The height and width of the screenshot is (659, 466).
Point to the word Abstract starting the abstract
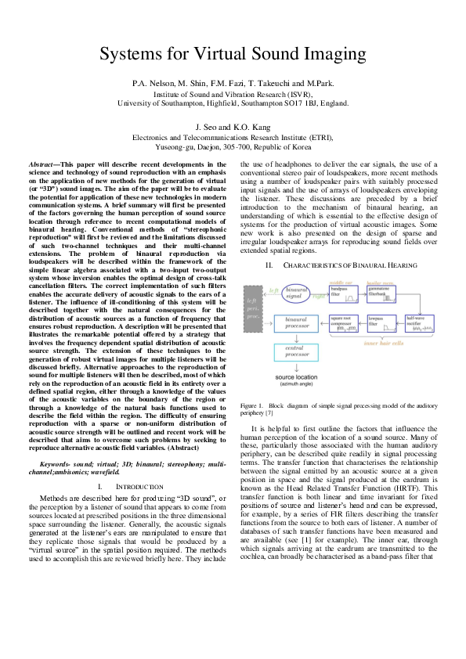click(45, 156)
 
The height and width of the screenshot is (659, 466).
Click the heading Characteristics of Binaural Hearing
click(345, 265)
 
